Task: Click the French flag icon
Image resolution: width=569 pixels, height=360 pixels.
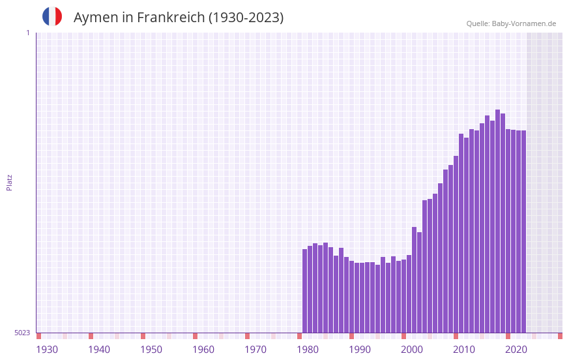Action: point(52,16)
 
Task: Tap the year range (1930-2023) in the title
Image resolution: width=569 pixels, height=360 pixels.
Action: point(246,18)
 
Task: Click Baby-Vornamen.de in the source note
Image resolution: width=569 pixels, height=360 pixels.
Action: point(524,23)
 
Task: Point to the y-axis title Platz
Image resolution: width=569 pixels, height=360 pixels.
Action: point(9,182)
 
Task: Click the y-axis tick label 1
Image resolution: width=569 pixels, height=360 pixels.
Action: point(27,33)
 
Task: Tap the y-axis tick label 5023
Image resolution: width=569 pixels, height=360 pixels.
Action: point(22,333)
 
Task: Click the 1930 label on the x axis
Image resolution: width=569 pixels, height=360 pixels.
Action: point(47,350)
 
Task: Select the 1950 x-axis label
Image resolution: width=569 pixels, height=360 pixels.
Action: point(151,350)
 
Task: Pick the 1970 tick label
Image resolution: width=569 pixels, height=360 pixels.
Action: point(255,350)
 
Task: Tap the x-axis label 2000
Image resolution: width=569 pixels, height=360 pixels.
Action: point(412,350)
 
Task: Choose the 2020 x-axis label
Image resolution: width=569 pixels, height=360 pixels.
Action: point(516,350)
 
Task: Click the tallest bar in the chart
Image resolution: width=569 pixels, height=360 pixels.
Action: point(497,221)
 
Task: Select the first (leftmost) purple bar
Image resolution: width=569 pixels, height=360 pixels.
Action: point(304,291)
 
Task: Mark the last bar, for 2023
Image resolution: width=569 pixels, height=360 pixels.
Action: point(523,232)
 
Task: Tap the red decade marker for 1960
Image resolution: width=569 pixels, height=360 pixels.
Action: point(195,336)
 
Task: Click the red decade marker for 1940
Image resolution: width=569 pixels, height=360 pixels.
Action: point(91,336)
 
